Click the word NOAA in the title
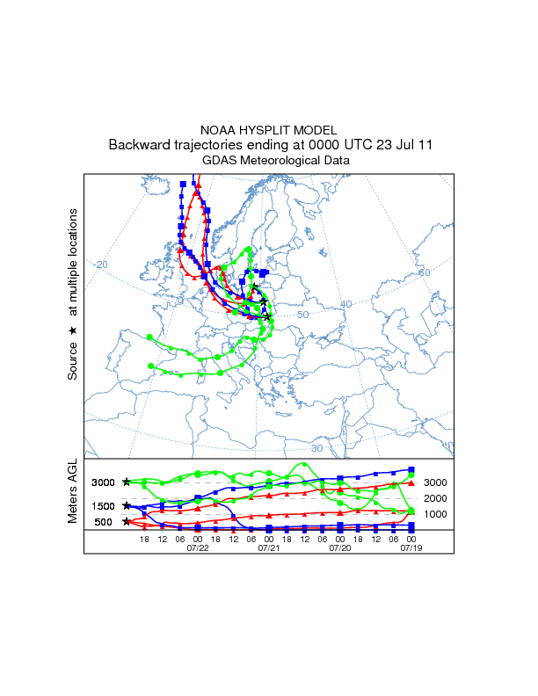click(220, 129)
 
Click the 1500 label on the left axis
click(103, 506)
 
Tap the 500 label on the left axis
click(103, 522)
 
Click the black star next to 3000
click(127, 482)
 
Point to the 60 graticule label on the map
click(425, 273)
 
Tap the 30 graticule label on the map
click(317, 448)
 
